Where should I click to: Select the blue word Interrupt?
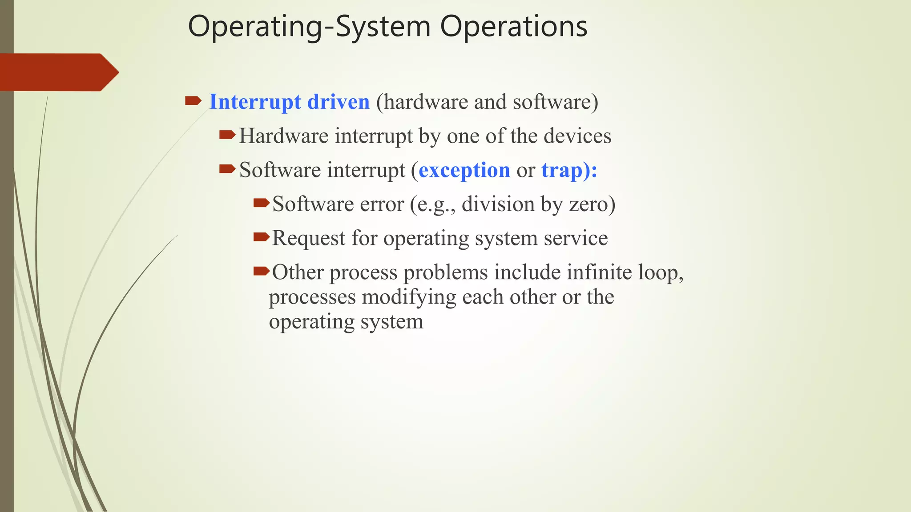pos(255,102)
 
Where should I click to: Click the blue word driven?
pos(339,102)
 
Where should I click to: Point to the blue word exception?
pos(464,170)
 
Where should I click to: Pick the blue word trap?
pos(562,170)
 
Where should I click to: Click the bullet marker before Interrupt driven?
pos(193,101)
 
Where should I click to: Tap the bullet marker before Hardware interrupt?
pos(227,135)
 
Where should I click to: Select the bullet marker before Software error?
pos(261,203)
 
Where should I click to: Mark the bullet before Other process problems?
pos(261,271)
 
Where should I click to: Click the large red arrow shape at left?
pos(58,72)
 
